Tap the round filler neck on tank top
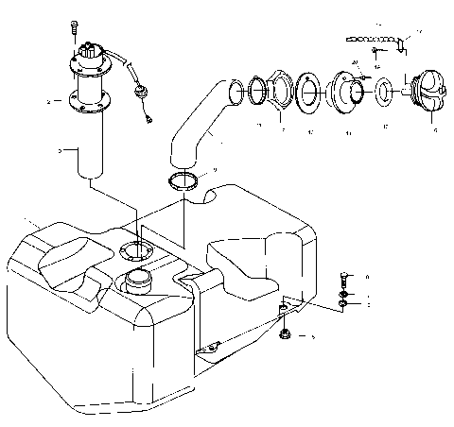[x=139, y=280]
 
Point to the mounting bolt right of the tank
[x=342, y=281]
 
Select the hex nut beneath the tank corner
[x=286, y=334]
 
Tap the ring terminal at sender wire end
[x=148, y=120]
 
